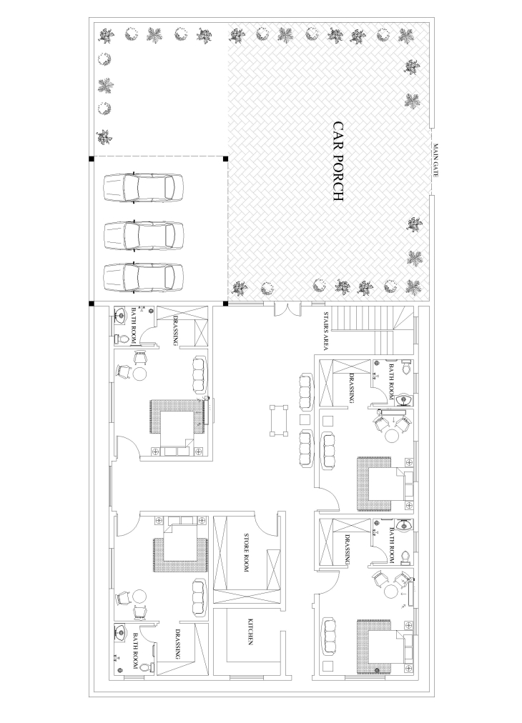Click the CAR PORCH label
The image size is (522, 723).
click(338, 161)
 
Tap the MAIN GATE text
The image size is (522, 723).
click(435, 161)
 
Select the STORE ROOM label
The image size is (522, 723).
click(246, 553)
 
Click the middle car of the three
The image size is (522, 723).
click(144, 235)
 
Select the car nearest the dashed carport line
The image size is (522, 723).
click(144, 188)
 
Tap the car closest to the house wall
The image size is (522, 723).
click(144, 278)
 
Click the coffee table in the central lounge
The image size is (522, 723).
click(279, 419)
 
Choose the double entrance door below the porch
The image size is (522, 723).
click(287, 309)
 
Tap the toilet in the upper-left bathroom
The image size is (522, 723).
click(122, 339)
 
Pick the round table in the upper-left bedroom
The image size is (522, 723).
click(140, 372)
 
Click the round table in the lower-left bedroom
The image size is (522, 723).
click(139, 597)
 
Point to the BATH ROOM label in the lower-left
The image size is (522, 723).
click(135, 651)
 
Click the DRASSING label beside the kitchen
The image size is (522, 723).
click(178, 644)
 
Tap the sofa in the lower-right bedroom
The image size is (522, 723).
click(330, 636)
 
